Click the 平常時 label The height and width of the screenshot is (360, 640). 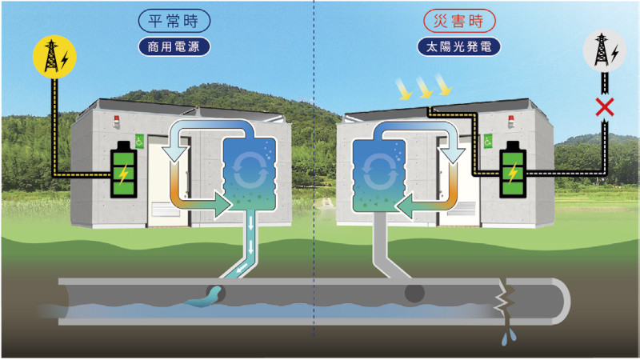tap(174, 19)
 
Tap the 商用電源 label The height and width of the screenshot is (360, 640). tap(174, 46)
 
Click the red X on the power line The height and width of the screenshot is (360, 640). tap(606, 107)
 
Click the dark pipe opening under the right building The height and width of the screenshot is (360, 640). tap(413, 293)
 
